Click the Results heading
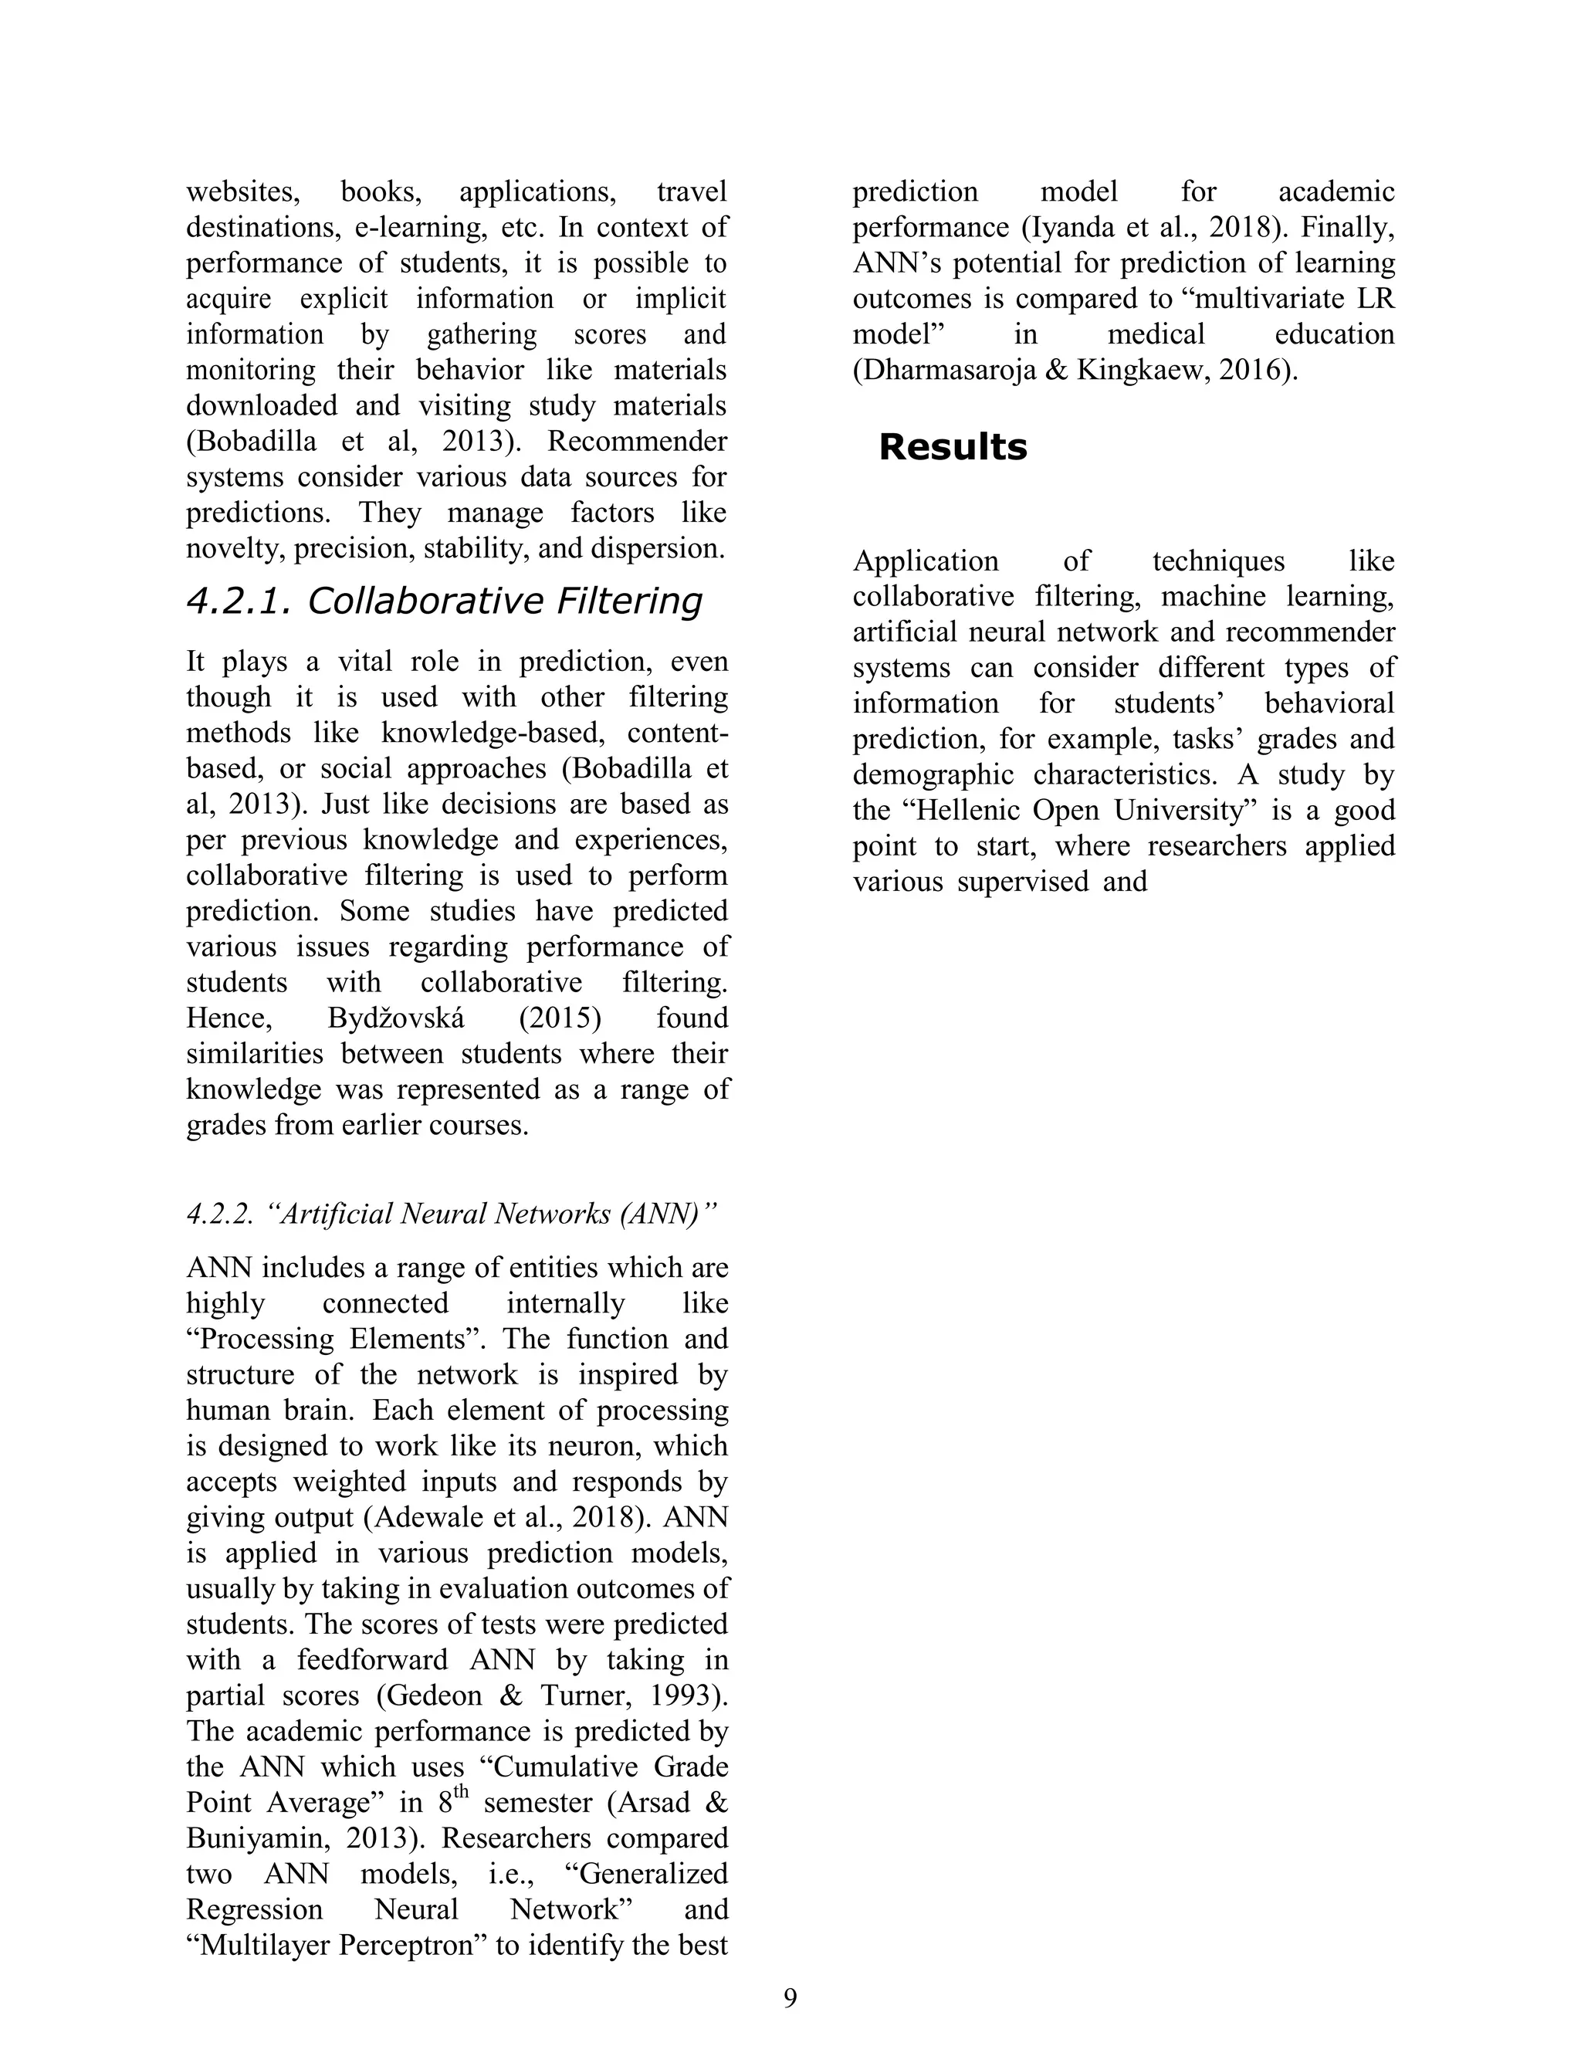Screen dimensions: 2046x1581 tap(952, 447)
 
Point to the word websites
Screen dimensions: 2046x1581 tap(242, 192)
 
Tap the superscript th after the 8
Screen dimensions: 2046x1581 tap(461, 1793)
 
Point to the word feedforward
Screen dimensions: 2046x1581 tap(373, 1660)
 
